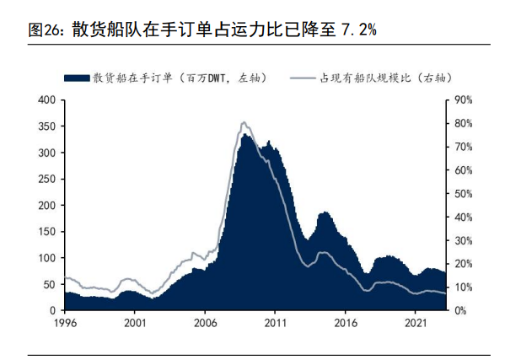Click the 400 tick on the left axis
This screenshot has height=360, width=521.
coord(46,100)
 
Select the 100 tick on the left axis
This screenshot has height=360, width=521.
coord(46,258)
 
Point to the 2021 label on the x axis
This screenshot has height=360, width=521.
coord(416,322)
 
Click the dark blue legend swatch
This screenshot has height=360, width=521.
coord(78,78)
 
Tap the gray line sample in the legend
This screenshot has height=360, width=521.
coord(303,78)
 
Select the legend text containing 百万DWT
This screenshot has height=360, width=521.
coord(180,78)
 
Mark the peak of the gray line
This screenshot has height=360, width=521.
coord(243,122)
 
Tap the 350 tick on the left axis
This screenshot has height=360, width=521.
coord(46,126)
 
